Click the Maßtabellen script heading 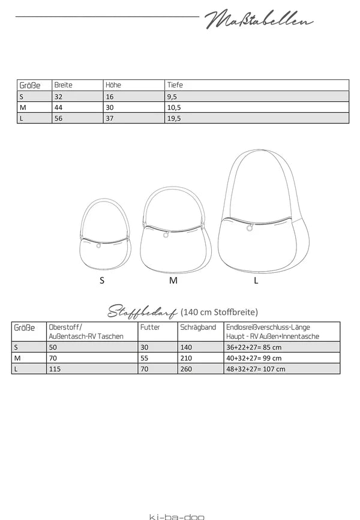tap(259, 20)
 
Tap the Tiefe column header tap(175, 85)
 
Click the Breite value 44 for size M tap(59, 107)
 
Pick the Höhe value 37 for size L tap(109, 118)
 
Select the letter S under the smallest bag tap(102, 281)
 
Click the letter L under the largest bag tap(256, 281)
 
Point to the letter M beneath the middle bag tap(173, 281)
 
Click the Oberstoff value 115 tap(55, 369)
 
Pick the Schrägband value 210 tap(187, 357)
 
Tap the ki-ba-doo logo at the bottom tap(173, 515)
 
